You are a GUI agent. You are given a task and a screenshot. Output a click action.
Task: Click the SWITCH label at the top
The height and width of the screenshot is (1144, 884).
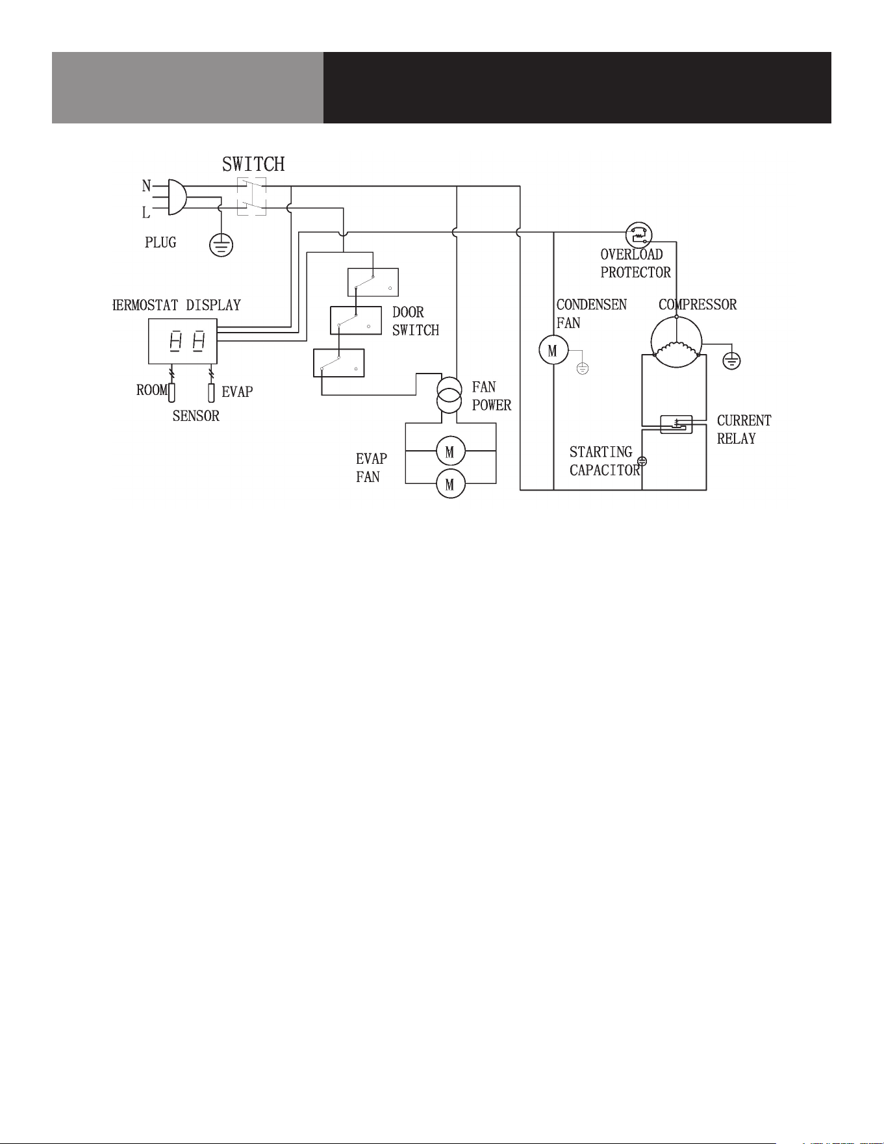click(253, 164)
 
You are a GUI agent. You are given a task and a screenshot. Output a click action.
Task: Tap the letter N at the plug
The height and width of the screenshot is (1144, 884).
click(147, 186)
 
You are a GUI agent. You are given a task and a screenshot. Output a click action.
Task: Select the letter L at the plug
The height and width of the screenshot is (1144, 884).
click(146, 212)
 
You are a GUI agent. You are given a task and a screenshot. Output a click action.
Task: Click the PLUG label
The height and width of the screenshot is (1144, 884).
click(160, 242)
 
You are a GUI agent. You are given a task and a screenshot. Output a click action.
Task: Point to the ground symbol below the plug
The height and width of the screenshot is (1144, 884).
click(221, 246)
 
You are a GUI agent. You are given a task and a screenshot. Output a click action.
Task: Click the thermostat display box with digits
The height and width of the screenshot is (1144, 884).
click(183, 341)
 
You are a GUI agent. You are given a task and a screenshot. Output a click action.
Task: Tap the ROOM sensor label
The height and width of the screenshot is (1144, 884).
click(152, 390)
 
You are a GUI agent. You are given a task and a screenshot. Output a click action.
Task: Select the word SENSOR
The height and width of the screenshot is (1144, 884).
click(196, 416)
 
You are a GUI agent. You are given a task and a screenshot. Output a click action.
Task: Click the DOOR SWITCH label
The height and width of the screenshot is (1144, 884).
click(416, 322)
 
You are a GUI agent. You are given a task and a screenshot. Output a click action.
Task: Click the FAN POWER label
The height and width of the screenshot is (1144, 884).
click(492, 396)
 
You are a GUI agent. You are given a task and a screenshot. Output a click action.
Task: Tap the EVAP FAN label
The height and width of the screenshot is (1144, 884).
click(372, 468)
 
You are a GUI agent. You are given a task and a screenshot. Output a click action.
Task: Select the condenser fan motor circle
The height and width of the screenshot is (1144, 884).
click(553, 351)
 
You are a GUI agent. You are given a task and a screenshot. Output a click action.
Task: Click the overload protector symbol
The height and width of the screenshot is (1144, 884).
click(639, 235)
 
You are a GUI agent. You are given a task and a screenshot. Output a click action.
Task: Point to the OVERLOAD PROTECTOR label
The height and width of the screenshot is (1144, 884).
click(636, 263)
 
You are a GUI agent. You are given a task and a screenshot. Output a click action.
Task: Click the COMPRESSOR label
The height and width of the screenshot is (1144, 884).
click(698, 305)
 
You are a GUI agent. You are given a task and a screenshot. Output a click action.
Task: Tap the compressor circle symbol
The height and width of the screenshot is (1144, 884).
click(677, 342)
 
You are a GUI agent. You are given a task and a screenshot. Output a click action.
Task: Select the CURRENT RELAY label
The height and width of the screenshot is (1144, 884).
click(744, 429)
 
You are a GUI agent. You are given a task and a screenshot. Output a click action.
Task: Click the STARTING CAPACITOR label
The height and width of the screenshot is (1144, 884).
click(605, 461)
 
